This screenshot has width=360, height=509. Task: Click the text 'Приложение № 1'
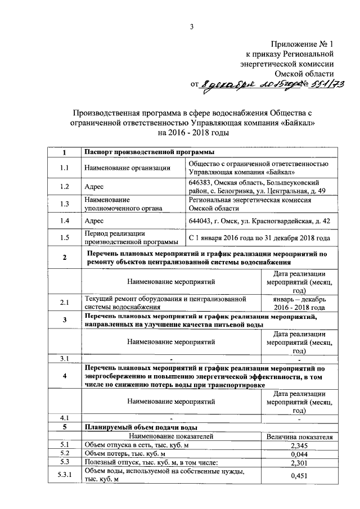303,43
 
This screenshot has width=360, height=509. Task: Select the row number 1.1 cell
64,168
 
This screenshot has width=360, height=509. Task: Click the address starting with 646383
258,187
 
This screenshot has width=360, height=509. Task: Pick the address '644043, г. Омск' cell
259,221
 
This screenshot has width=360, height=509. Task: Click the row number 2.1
64,303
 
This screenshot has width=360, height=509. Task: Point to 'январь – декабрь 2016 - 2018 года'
299,303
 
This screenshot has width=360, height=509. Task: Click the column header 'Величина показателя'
299,436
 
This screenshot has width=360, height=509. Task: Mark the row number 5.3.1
64,476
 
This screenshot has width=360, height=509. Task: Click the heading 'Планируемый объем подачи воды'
140,426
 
